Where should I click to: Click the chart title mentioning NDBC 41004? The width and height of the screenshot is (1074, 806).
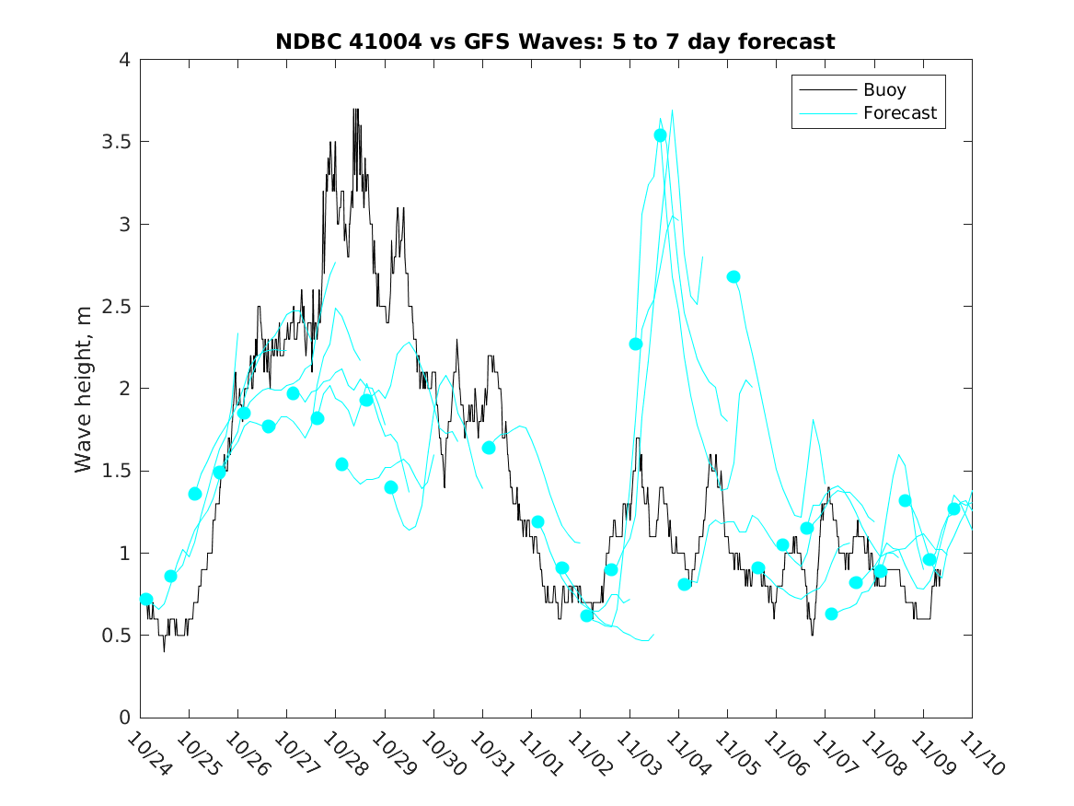(555, 41)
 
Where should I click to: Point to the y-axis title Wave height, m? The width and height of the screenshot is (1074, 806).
(84, 388)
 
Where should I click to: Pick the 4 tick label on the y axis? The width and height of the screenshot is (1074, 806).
(123, 60)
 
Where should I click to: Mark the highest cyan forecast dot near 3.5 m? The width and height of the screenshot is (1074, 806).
(660, 135)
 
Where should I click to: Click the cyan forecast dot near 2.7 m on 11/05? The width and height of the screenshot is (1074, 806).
(733, 276)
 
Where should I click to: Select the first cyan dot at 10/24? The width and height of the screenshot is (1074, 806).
(145, 599)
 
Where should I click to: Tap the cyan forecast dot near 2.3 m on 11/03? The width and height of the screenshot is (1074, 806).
(636, 344)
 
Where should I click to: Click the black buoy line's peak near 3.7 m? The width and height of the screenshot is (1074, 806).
(355, 110)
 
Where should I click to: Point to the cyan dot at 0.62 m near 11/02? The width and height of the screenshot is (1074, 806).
(587, 615)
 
